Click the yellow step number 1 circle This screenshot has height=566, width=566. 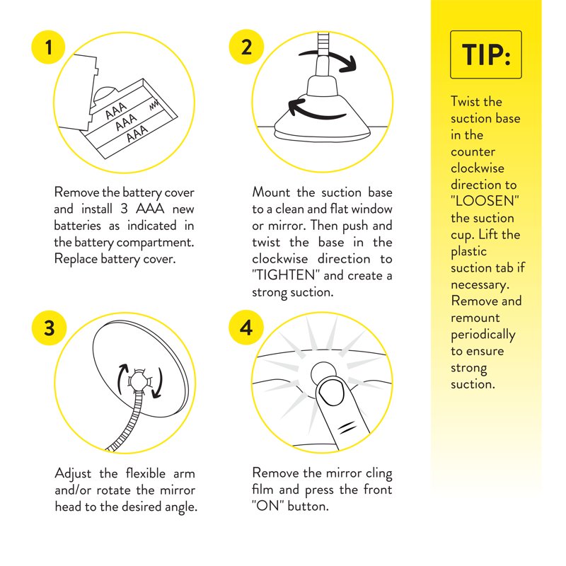pyautogui.click(x=48, y=47)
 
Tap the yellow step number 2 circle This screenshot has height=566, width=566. pyautogui.click(x=246, y=47)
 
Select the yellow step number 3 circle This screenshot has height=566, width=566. pyautogui.click(x=49, y=328)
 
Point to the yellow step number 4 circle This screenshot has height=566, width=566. pyautogui.click(x=246, y=328)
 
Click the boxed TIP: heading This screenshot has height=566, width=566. pyautogui.click(x=486, y=54)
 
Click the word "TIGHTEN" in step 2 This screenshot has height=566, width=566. pyautogui.click(x=285, y=275)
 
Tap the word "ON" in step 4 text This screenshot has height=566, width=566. pyautogui.click(x=267, y=506)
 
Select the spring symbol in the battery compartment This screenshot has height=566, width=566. pyautogui.click(x=154, y=105)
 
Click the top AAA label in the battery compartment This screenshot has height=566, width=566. pyautogui.click(x=116, y=110)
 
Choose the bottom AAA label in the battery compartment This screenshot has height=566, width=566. pyautogui.click(x=137, y=133)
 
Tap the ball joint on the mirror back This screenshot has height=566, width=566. pyautogui.click(x=137, y=381)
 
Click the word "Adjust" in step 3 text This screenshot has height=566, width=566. pyautogui.click(x=73, y=474)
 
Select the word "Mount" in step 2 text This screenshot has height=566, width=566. pyautogui.click(x=271, y=192)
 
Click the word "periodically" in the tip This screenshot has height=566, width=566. pyautogui.click(x=483, y=335)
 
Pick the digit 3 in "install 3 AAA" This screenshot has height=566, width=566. pyautogui.click(x=124, y=209)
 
